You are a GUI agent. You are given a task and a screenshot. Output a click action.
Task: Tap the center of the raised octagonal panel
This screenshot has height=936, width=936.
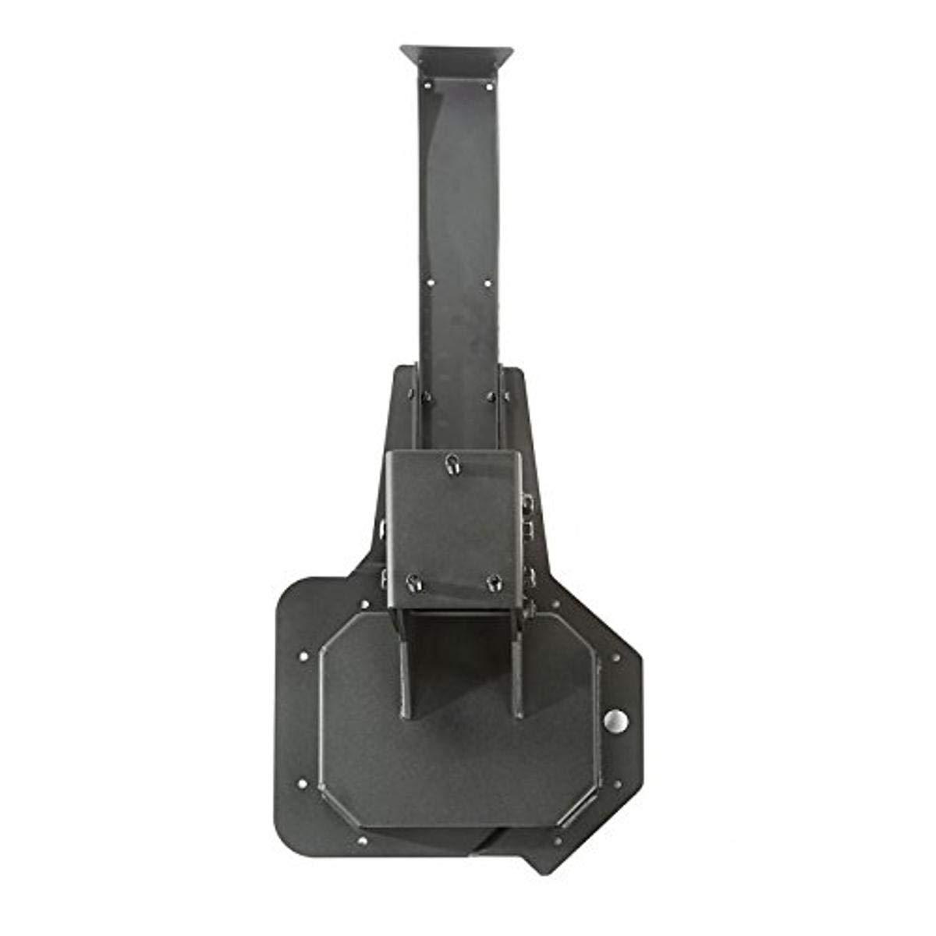(x=460, y=749)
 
